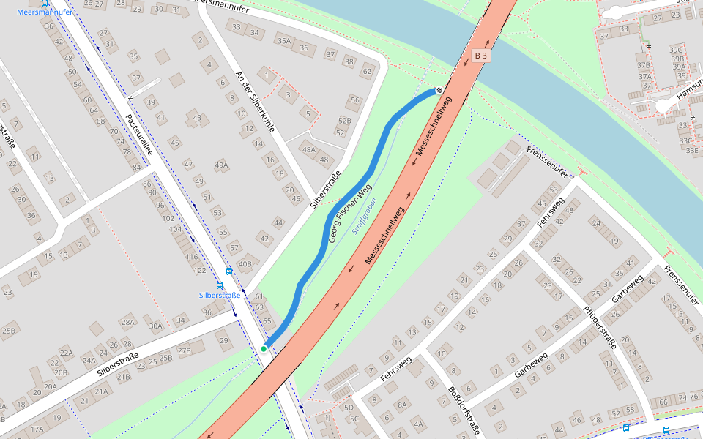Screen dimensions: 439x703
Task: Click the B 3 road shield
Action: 480,55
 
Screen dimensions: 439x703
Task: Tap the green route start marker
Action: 264,349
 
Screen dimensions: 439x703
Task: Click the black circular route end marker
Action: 439,91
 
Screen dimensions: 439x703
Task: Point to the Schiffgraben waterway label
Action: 364,216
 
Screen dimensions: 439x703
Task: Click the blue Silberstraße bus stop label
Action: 220,296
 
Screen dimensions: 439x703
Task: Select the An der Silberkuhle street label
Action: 254,102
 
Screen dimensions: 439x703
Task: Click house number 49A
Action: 221,165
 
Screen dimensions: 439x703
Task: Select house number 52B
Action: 344,121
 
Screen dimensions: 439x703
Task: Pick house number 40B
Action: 245,264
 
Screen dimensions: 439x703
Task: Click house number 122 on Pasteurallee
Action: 199,270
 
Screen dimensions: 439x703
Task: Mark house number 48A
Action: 308,150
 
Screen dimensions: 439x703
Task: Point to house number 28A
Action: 128,322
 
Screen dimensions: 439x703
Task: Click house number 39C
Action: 676,50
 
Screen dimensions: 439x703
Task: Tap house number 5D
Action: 349,408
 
